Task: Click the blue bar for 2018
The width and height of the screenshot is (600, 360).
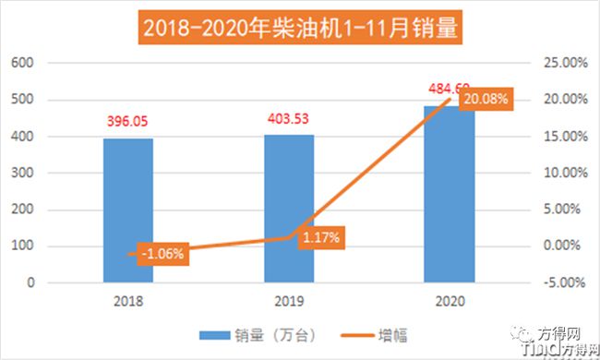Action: coord(127,210)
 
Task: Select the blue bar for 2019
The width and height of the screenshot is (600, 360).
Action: coord(289,209)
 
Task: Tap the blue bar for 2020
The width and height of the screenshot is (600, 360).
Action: coord(449,194)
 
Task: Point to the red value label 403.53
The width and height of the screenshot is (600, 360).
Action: coord(289,118)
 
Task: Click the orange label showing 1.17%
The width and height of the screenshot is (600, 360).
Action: coord(320,237)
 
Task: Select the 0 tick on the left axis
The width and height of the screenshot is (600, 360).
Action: coord(30,282)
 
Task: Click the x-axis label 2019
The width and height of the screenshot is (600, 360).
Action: coord(289,301)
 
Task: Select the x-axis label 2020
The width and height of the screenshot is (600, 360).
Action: coord(449,301)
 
